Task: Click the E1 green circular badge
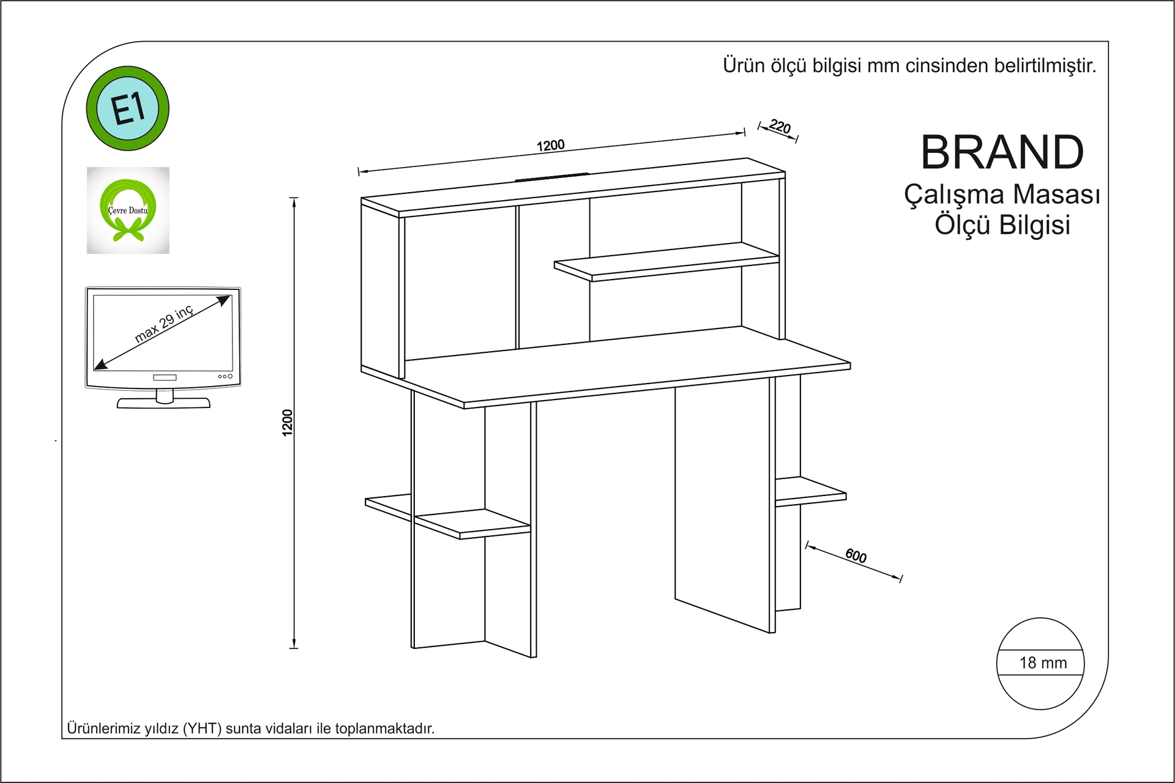pyautogui.click(x=127, y=108)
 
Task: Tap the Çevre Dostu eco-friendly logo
pyautogui.click(x=128, y=210)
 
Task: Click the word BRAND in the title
pyautogui.click(x=1002, y=152)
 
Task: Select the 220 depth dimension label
pyautogui.click(x=780, y=127)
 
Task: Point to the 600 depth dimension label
pyautogui.click(x=856, y=556)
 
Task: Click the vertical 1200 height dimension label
pyautogui.click(x=287, y=423)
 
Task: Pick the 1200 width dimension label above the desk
pyautogui.click(x=551, y=146)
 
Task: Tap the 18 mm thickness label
pyautogui.click(x=1043, y=662)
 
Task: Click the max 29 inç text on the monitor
pyautogui.click(x=164, y=324)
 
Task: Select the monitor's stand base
pyautogui.click(x=163, y=403)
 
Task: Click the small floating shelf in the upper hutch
pyautogui.click(x=666, y=262)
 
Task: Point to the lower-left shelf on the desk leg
pyautogui.click(x=448, y=517)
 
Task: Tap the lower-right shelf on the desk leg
pyautogui.click(x=810, y=492)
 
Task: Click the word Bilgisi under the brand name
pyautogui.click(x=1035, y=225)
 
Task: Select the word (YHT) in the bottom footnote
pyautogui.click(x=202, y=729)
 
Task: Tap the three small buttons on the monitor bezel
pyautogui.click(x=225, y=376)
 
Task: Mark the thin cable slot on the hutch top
pyautogui.click(x=552, y=177)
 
